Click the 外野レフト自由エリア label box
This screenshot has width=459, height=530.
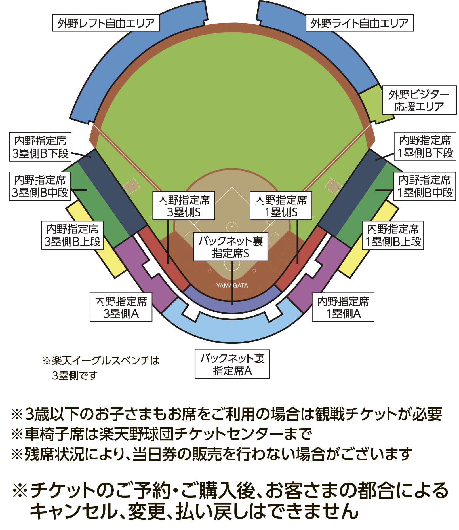(x=106, y=23)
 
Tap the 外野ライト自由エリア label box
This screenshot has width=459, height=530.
(x=359, y=23)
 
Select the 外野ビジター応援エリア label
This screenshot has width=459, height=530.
(x=419, y=100)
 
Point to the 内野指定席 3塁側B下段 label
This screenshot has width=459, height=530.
(x=40, y=147)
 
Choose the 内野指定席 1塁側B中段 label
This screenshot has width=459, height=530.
(x=425, y=186)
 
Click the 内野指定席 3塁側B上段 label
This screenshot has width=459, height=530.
(x=73, y=235)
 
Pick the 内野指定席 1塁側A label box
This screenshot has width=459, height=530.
(x=343, y=307)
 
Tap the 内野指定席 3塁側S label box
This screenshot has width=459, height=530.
(x=184, y=206)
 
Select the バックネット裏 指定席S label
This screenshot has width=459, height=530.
(x=230, y=247)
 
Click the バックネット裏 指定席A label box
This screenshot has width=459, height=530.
(x=232, y=364)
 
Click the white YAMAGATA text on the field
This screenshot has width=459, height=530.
(x=232, y=286)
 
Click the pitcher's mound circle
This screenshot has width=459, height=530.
(x=232, y=227)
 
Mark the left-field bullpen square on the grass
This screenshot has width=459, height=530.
(x=132, y=186)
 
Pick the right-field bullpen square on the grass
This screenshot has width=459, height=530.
(x=333, y=186)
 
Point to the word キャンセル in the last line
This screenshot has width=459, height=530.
(x=74, y=511)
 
